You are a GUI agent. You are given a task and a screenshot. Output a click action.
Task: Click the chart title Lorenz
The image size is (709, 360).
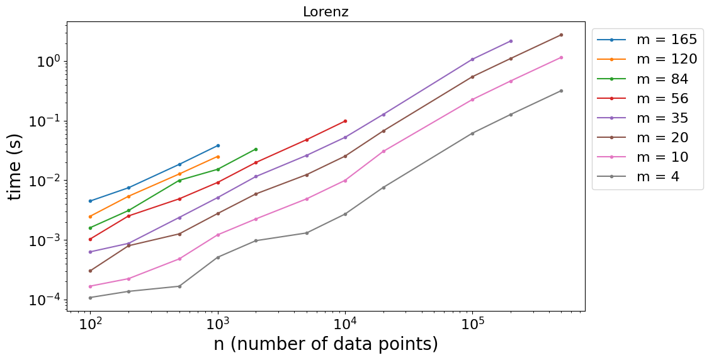[x=326, y=12]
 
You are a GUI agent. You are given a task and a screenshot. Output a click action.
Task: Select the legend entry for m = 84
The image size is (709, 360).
[x=642, y=79]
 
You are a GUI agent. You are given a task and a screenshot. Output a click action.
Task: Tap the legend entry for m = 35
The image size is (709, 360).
[x=642, y=118]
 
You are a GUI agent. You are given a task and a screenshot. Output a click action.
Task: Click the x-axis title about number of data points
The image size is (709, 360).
[x=326, y=344]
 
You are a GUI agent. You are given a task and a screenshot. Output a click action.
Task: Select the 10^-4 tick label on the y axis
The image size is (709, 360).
[x=46, y=300]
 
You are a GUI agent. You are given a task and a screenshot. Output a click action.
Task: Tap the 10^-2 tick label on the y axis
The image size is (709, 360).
[x=46, y=180]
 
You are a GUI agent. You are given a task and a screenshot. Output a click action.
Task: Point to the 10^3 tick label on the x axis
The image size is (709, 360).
[x=218, y=325]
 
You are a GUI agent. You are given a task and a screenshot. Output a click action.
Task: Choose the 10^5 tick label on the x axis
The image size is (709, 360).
[x=472, y=325]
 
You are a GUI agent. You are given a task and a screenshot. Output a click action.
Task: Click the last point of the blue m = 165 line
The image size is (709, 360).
[x=218, y=145]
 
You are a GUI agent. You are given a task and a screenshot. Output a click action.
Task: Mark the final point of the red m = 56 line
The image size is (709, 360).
[x=346, y=121]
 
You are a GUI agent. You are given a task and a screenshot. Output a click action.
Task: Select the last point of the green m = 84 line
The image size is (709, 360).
[x=256, y=149]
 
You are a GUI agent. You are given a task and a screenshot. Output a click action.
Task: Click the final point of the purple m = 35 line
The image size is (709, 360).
[x=511, y=41]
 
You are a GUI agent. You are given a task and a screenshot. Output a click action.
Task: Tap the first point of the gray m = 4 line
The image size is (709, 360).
[x=91, y=298]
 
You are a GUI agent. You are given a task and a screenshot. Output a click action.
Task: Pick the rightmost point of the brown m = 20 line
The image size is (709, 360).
[x=561, y=35]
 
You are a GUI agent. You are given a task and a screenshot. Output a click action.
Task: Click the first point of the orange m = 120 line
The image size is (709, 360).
[x=91, y=217]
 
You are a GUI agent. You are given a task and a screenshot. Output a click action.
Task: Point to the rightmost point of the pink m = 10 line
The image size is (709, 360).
[x=561, y=57]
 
